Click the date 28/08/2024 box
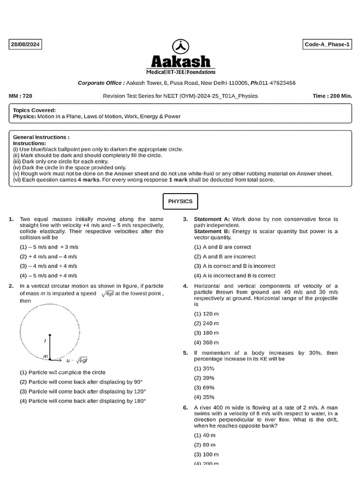click(x=25, y=45)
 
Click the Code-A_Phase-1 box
click(x=328, y=45)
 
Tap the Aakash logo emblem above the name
click(x=180, y=46)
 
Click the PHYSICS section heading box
click(x=180, y=202)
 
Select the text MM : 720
click(x=21, y=96)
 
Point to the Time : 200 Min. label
click(x=332, y=96)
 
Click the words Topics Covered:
click(x=34, y=110)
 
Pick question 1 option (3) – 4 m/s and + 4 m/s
click(x=48, y=266)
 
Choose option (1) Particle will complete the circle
click(x=62, y=372)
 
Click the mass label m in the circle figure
click(x=45, y=357)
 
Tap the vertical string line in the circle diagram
click(x=50, y=347)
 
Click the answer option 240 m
click(x=206, y=323)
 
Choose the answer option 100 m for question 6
click(x=206, y=455)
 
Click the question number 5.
click(x=185, y=353)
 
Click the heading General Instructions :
click(x=41, y=137)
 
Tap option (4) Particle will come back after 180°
click(x=82, y=401)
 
